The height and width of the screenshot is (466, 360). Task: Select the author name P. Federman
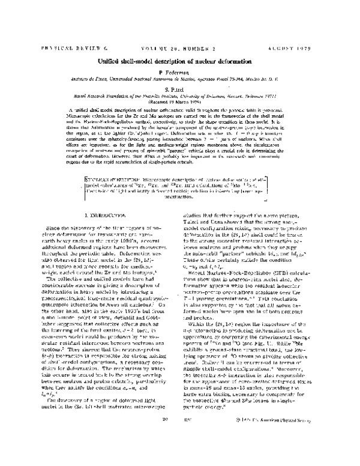[x=179, y=80]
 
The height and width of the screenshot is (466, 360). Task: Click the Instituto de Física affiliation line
[x=179, y=88]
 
